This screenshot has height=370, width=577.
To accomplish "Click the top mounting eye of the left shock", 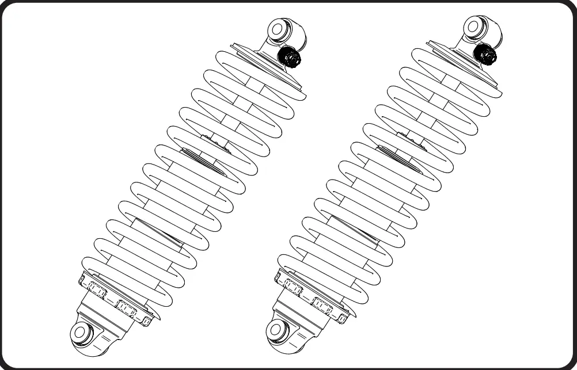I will [280, 29].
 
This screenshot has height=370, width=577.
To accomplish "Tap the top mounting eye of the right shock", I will [476, 26].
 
